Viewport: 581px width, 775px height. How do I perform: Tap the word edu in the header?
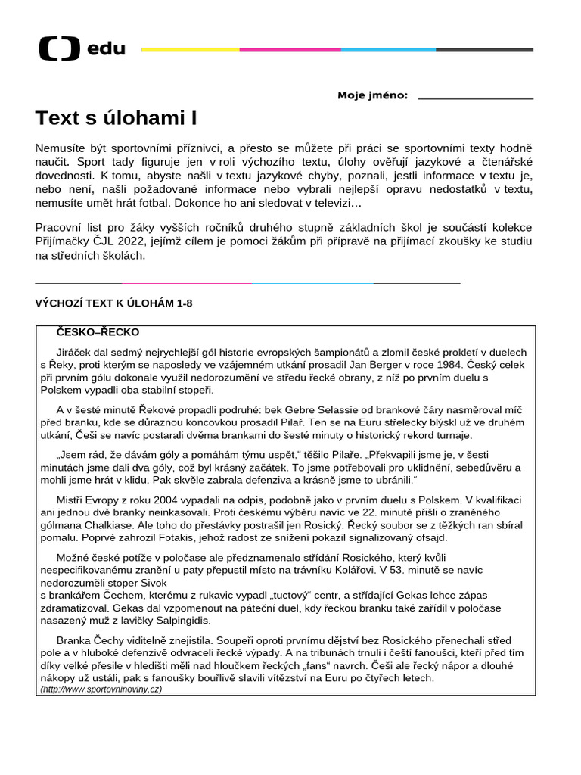pyautogui.click(x=107, y=50)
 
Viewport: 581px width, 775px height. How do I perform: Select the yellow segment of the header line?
pyautogui.click(x=190, y=50)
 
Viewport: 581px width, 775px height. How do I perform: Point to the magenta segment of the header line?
pyautogui.click(x=290, y=50)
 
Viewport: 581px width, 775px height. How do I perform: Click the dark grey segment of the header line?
pyautogui.click(x=484, y=50)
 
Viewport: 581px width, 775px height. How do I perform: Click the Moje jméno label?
pyautogui.click(x=372, y=95)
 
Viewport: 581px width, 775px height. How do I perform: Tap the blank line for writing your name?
pyautogui.click(x=475, y=98)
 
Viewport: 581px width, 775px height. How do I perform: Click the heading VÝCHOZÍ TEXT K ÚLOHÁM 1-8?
pyautogui.click(x=114, y=303)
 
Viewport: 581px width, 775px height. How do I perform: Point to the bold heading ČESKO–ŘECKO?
pyautogui.click(x=98, y=332)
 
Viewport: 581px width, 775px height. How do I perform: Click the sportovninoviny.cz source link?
pyautogui.click(x=101, y=689)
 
